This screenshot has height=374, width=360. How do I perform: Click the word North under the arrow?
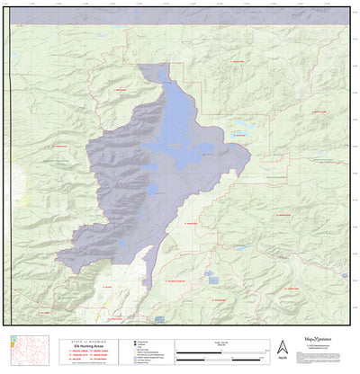coord(282,359)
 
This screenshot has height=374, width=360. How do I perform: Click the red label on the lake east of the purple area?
coord(239,136)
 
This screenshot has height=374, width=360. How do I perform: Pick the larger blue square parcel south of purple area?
coord(213,280)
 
